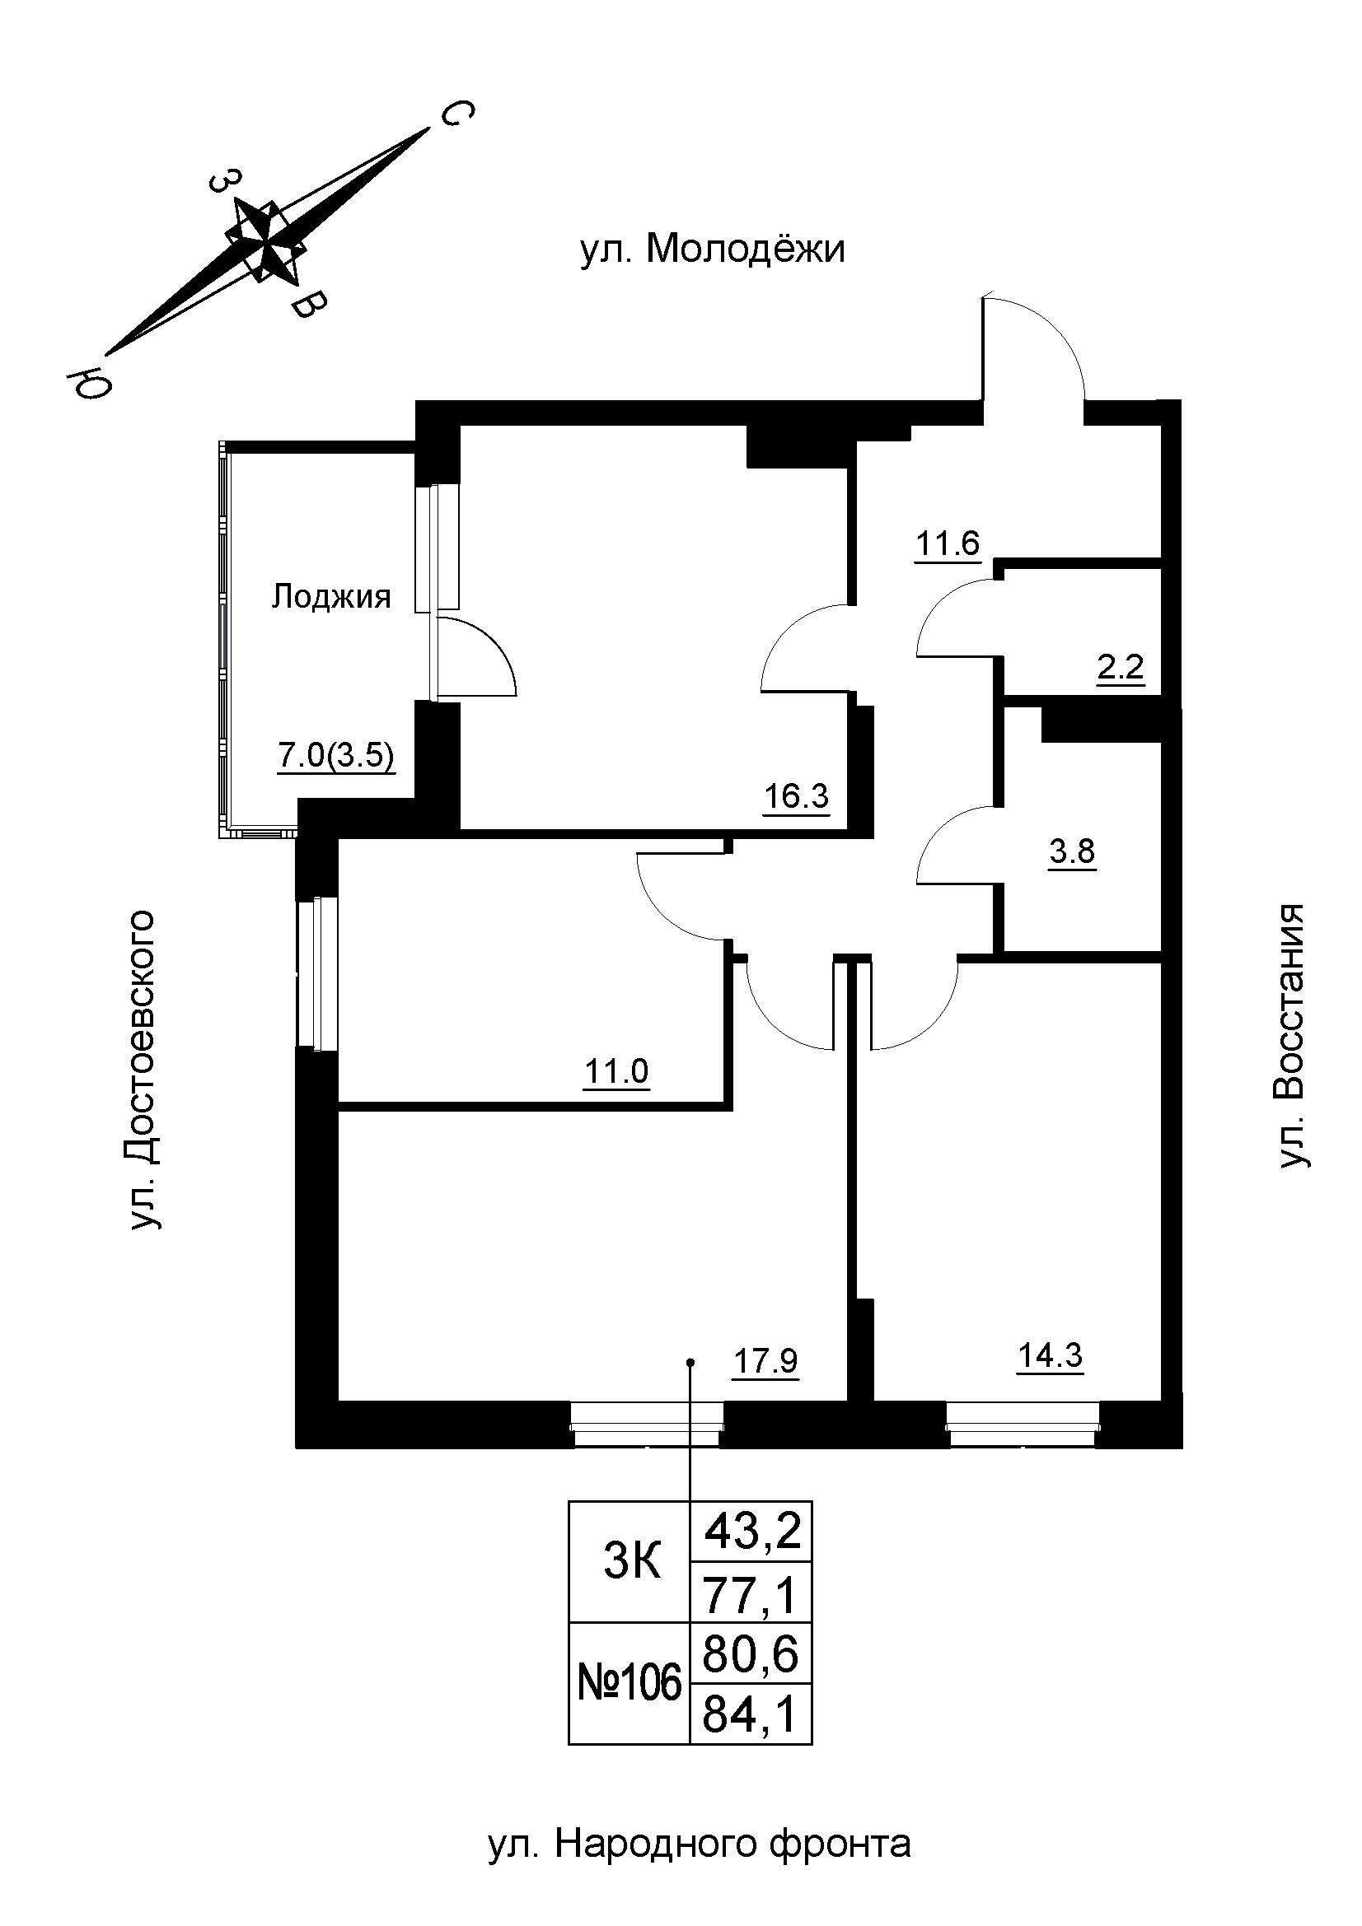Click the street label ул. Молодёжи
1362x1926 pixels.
[712, 250]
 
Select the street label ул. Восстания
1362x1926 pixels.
[1290, 1035]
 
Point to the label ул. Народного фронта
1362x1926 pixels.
[699, 1843]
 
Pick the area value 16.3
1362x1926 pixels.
[796, 795]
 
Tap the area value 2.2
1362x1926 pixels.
[1121, 669]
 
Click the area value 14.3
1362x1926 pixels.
[1050, 1355]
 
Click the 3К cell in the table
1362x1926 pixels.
[632, 1564]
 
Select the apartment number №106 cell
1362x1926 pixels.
[630, 1684]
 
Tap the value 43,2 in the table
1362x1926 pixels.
[753, 1532]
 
